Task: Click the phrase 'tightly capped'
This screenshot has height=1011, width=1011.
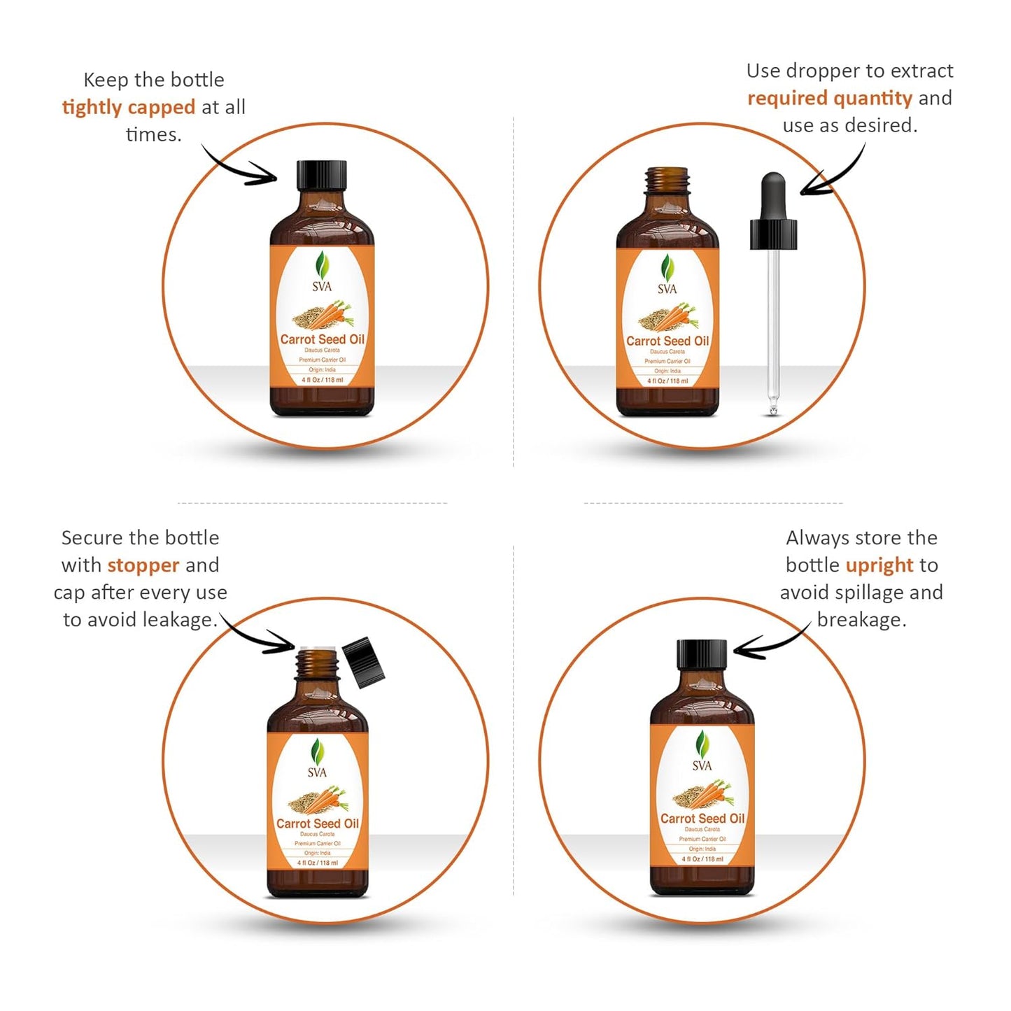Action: click(129, 107)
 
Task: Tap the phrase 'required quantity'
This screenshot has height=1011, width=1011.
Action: click(830, 98)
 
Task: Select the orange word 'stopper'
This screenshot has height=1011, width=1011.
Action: click(143, 565)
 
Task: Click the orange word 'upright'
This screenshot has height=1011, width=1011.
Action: click(879, 565)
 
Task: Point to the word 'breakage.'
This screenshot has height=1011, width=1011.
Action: click(861, 619)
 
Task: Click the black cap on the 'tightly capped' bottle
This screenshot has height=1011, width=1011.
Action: click(322, 175)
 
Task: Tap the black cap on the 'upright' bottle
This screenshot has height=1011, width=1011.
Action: click(702, 654)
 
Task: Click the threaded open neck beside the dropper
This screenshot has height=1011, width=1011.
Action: click(667, 181)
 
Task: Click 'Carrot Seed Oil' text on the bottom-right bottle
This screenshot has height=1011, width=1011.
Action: click(702, 818)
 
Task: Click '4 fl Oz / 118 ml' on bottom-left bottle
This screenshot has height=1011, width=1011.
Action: click(318, 863)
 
